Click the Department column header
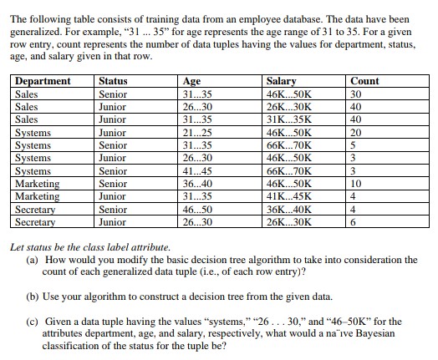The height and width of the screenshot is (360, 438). (43, 81)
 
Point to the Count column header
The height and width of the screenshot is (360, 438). (365, 81)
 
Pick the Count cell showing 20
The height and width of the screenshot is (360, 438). (357, 132)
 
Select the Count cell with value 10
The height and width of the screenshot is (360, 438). (357, 183)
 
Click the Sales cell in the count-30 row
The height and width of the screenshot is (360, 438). (27, 94)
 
